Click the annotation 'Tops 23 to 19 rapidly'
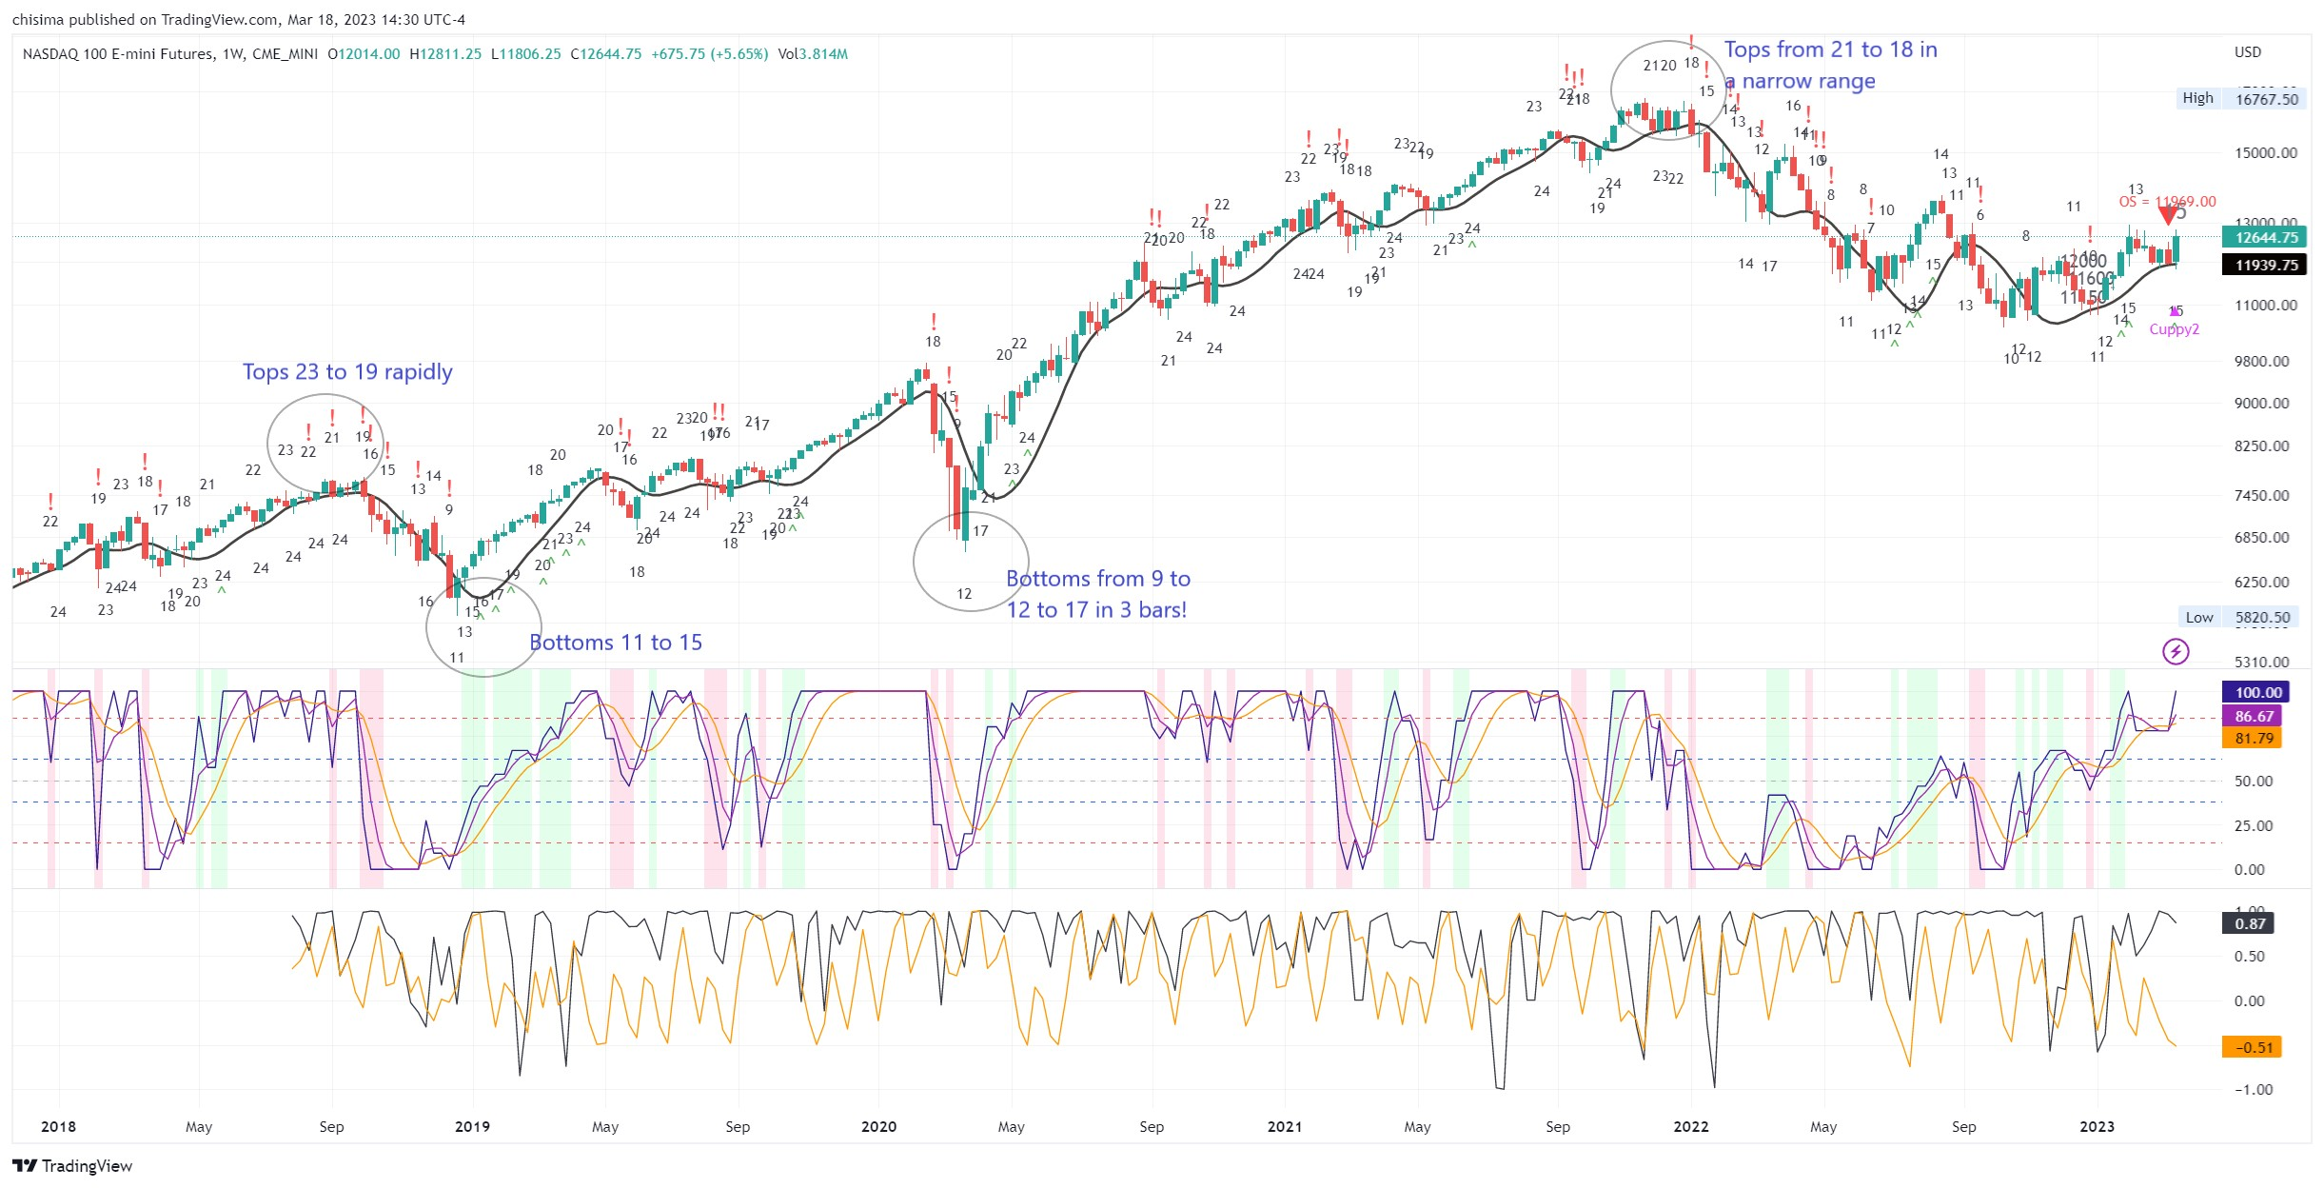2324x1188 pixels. [347, 372]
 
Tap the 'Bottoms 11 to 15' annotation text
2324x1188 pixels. [616, 643]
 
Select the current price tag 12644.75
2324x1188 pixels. [2266, 238]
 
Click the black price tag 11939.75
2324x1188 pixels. [2266, 266]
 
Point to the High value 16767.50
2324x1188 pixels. [2266, 99]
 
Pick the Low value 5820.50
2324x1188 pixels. [2262, 618]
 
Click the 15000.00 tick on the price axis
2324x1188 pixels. [2265, 153]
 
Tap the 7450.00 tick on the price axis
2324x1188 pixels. [2261, 496]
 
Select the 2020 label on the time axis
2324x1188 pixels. [878, 1127]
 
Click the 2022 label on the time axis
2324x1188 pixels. [1691, 1127]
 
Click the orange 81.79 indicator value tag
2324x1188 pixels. [2254, 739]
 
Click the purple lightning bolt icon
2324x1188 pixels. [2176, 652]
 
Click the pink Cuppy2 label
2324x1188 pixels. [2174, 329]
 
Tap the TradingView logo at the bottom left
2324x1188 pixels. [72, 1166]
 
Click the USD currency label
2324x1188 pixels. [2247, 52]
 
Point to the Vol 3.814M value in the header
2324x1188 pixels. [813, 54]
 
